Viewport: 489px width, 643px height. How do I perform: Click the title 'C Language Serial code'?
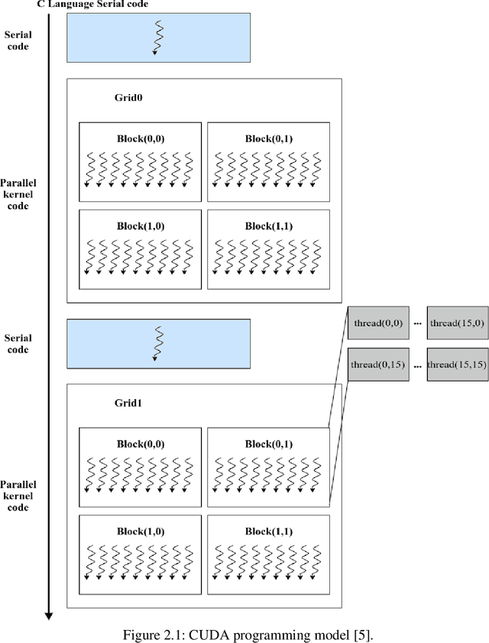coord(92,5)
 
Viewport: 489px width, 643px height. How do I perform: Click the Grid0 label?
coord(128,99)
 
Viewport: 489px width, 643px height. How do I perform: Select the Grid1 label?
coord(128,403)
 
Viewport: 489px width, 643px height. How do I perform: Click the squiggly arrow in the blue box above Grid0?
coord(158,37)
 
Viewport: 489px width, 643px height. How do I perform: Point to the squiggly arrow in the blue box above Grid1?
coord(158,343)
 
